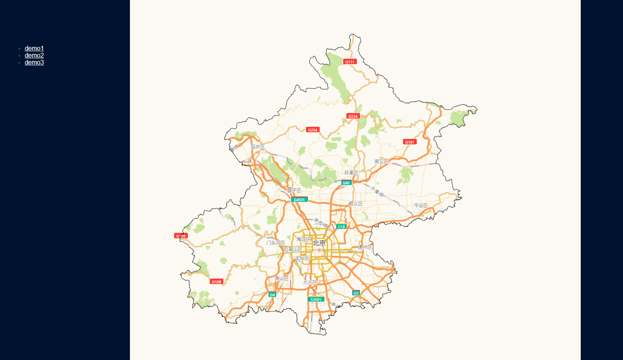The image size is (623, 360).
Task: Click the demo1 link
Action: point(34,48)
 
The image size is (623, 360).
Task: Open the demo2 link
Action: point(34,55)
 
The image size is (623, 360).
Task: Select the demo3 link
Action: point(34,62)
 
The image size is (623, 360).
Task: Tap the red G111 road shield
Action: point(350,62)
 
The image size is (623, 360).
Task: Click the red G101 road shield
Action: point(410,142)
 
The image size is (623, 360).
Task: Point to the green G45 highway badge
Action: point(346,183)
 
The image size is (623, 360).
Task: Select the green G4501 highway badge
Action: point(299,200)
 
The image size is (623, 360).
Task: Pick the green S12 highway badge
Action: point(341,227)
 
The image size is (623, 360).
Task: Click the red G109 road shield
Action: point(181,236)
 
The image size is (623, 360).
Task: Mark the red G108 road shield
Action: point(216,282)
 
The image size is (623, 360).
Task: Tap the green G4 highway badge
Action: point(272,295)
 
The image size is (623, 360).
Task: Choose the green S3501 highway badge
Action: point(316,299)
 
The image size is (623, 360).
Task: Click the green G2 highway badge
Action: point(356,293)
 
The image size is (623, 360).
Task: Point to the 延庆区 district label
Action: point(258,147)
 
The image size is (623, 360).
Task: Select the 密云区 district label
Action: point(382,162)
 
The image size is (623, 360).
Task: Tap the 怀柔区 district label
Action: point(351,173)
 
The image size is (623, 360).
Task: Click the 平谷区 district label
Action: point(421,206)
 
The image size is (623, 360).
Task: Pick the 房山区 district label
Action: point(282,279)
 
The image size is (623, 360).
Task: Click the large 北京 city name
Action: point(319,243)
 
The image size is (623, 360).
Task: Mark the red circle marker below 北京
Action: point(319,250)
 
